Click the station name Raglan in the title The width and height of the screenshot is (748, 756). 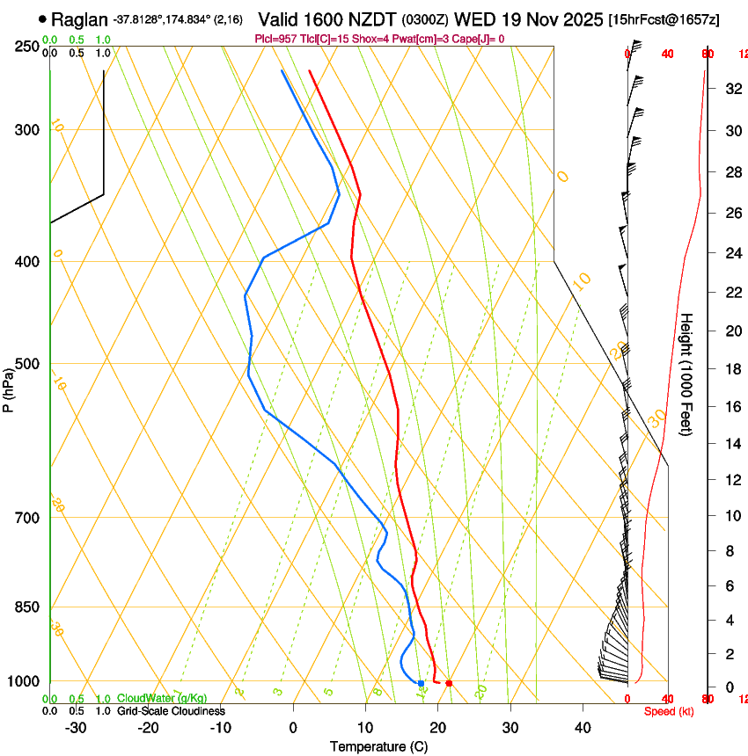(x=79, y=19)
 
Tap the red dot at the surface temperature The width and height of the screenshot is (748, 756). (x=449, y=683)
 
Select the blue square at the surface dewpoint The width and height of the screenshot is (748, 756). (x=421, y=683)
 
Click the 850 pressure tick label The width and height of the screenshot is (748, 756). (x=26, y=607)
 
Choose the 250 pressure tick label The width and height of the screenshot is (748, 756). (x=26, y=47)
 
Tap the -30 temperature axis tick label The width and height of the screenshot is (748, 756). (x=76, y=728)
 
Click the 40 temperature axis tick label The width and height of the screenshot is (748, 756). (x=582, y=728)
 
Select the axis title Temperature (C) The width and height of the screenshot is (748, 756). (x=378, y=746)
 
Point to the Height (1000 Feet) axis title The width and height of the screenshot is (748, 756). (x=687, y=374)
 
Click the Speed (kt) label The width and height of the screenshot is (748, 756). (x=669, y=711)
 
